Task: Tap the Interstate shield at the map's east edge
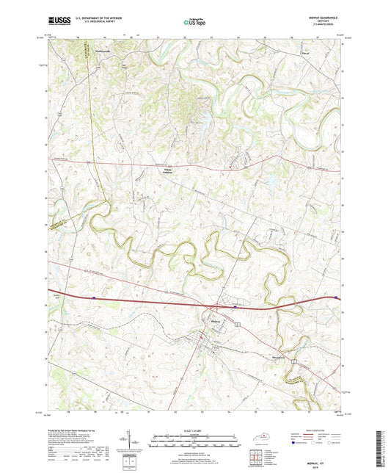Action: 337,297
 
